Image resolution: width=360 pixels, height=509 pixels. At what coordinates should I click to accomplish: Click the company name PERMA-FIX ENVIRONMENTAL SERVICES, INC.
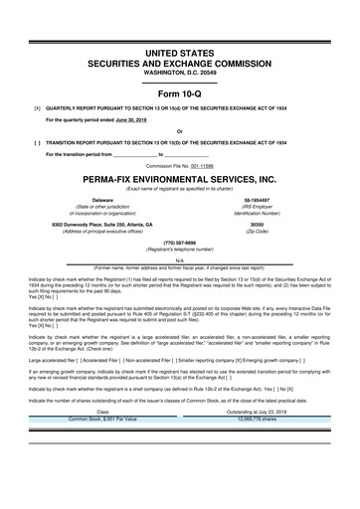click(x=180, y=178)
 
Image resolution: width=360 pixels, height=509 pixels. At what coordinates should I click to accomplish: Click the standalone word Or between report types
click(x=180, y=130)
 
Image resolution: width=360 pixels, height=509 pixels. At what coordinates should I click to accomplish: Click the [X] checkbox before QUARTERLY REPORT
click(x=37, y=105)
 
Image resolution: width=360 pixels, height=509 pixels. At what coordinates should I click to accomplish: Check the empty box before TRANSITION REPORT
click(x=37, y=142)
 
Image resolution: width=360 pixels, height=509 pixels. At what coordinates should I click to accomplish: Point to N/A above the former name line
click(x=180, y=260)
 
